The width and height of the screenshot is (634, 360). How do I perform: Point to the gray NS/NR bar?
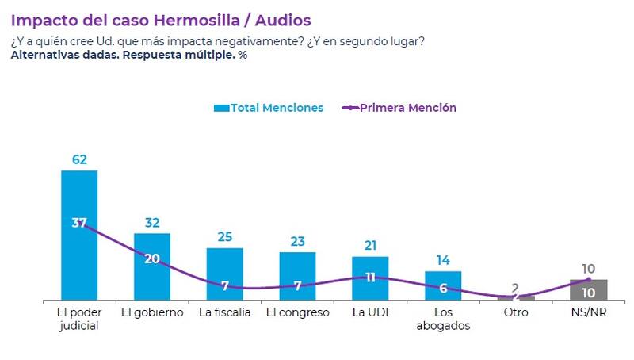tap(588, 290)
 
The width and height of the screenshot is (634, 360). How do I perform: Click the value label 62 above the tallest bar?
tap(79, 159)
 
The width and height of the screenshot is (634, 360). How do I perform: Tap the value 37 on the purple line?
tap(79, 223)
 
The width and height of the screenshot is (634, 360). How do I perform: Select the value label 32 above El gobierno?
tap(151, 223)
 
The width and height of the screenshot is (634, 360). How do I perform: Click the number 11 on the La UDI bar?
tap(370, 278)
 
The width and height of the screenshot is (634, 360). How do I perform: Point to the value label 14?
tap(443, 260)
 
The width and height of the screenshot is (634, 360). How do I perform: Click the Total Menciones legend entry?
tap(269, 108)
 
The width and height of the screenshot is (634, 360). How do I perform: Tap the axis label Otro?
tap(515, 312)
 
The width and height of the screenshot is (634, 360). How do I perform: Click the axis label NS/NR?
tap(588, 312)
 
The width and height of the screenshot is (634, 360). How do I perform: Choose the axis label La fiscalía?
tap(224, 312)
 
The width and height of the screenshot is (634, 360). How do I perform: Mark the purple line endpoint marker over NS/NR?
tap(588, 279)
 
